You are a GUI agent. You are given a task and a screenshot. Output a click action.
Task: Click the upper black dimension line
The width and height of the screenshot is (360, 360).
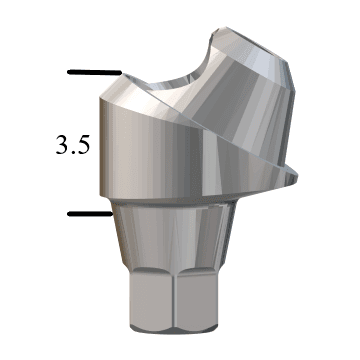click(92, 73)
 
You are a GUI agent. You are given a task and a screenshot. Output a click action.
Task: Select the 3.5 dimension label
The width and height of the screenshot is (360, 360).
click(73, 144)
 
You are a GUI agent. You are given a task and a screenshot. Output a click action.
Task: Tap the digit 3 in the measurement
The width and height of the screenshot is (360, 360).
click(61, 144)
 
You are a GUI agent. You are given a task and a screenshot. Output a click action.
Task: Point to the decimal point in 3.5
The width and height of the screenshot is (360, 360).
click(73, 151)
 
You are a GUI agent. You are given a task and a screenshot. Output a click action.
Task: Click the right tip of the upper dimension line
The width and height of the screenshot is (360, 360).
click(119, 73)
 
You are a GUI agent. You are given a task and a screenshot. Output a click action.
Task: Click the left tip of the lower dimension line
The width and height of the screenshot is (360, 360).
click(68, 213)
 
